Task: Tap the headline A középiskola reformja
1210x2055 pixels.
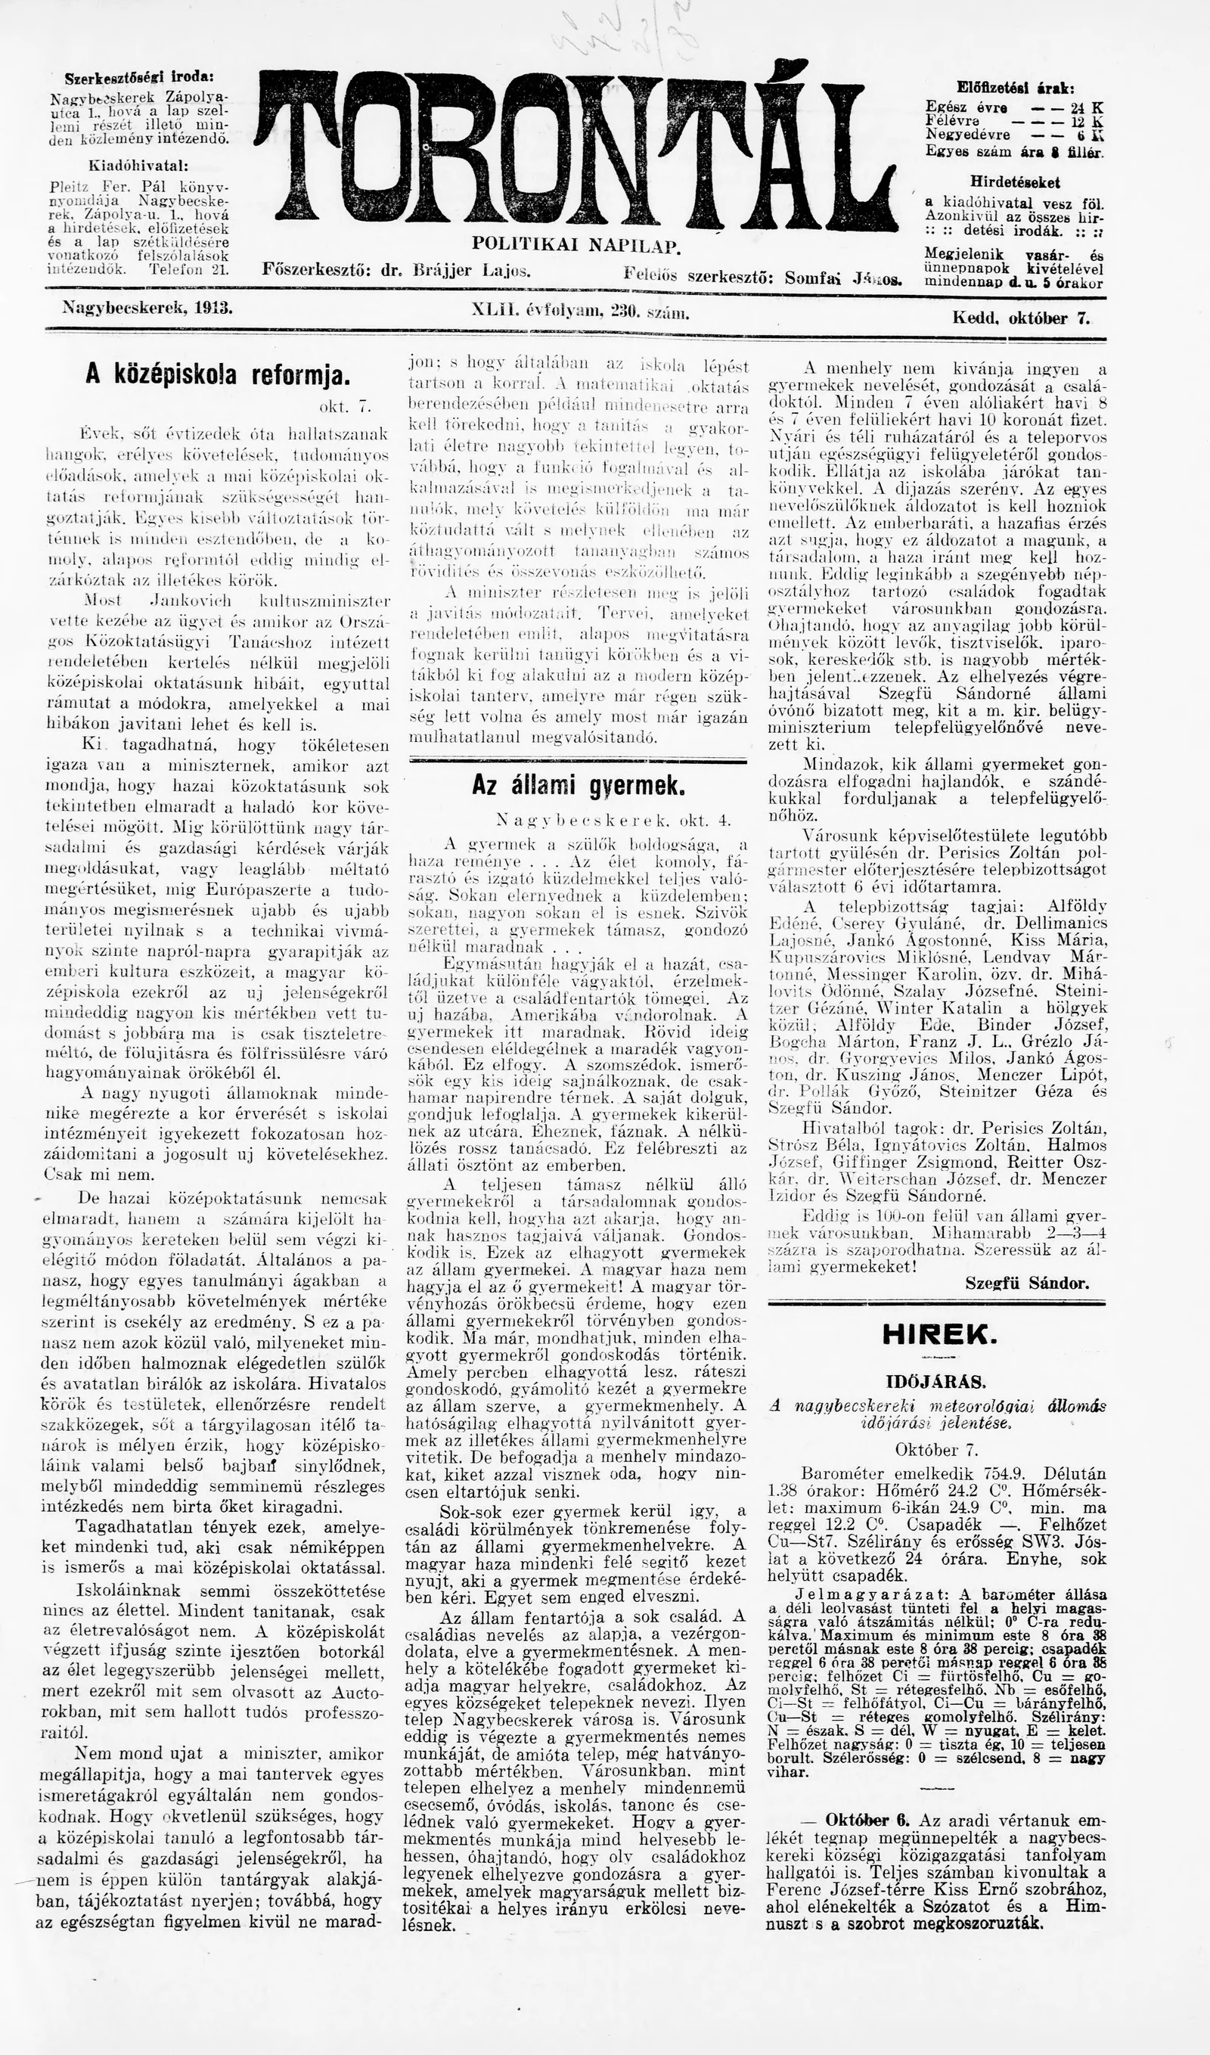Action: point(218,374)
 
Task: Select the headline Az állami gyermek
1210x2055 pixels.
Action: point(578,786)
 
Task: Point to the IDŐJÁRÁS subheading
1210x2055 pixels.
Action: point(937,1383)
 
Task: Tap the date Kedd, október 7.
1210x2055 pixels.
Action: point(1021,318)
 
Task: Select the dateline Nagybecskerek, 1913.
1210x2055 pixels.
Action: point(147,309)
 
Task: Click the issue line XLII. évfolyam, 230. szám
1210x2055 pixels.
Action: point(581,310)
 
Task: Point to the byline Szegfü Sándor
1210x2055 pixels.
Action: point(1026,1284)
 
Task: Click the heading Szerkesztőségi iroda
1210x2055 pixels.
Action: point(139,79)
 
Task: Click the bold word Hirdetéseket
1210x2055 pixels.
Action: point(1015,183)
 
